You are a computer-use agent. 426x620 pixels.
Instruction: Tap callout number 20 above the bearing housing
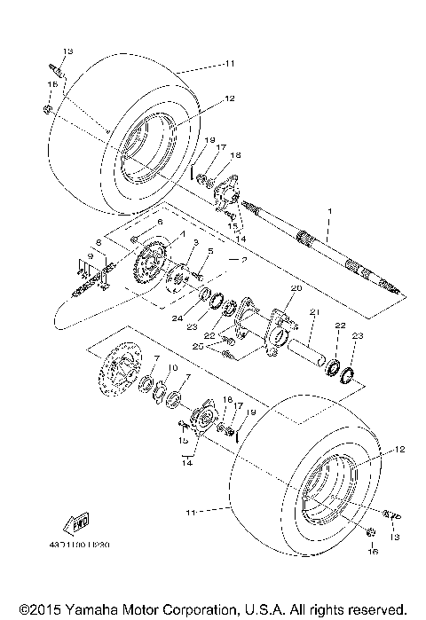coord(296,288)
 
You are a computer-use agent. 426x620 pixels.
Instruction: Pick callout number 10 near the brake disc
coord(173,366)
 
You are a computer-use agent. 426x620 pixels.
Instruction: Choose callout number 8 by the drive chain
coord(99,240)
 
